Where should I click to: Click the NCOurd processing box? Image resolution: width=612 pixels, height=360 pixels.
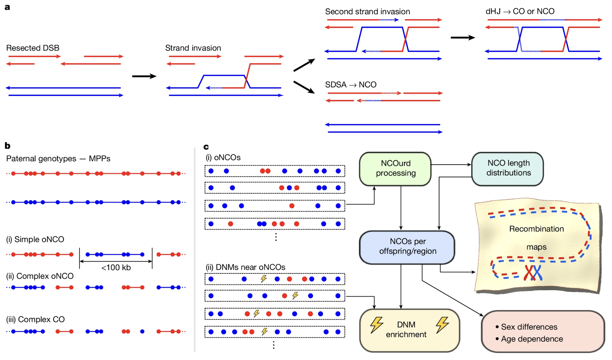click(395, 168)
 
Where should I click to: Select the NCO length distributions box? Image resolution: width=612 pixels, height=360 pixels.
click(508, 168)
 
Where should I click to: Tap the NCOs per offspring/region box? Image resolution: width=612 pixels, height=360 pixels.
click(407, 247)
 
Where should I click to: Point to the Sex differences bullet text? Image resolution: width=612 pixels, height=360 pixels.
click(529, 327)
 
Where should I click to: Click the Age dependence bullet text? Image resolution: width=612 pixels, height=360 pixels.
click(532, 339)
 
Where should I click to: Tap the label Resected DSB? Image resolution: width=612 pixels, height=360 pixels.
click(33, 48)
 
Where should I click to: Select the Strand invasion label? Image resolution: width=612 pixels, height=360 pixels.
click(193, 48)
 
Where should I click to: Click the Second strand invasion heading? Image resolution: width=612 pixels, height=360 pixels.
click(367, 12)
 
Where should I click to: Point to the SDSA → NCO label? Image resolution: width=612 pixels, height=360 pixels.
click(351, 85)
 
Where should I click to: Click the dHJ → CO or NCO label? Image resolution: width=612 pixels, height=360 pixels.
click(520, 12)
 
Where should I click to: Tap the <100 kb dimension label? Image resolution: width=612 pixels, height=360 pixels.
click(116, 268)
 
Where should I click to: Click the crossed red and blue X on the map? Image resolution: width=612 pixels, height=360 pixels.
click(533, 273)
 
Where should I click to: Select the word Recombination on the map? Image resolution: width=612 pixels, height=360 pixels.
click(536, 229)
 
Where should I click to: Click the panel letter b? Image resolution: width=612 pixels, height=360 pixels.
click(7, 146)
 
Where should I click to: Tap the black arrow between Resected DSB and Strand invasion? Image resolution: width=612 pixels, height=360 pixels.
click(144, 76)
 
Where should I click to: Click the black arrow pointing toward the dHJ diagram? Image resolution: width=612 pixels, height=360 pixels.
click(463, 38)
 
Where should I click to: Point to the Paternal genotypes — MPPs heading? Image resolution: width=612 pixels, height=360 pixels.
click(58, 159)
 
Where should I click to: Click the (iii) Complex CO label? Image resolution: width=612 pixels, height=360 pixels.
click(35, 319)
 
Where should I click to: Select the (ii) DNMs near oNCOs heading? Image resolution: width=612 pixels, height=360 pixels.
click(245, 267)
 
